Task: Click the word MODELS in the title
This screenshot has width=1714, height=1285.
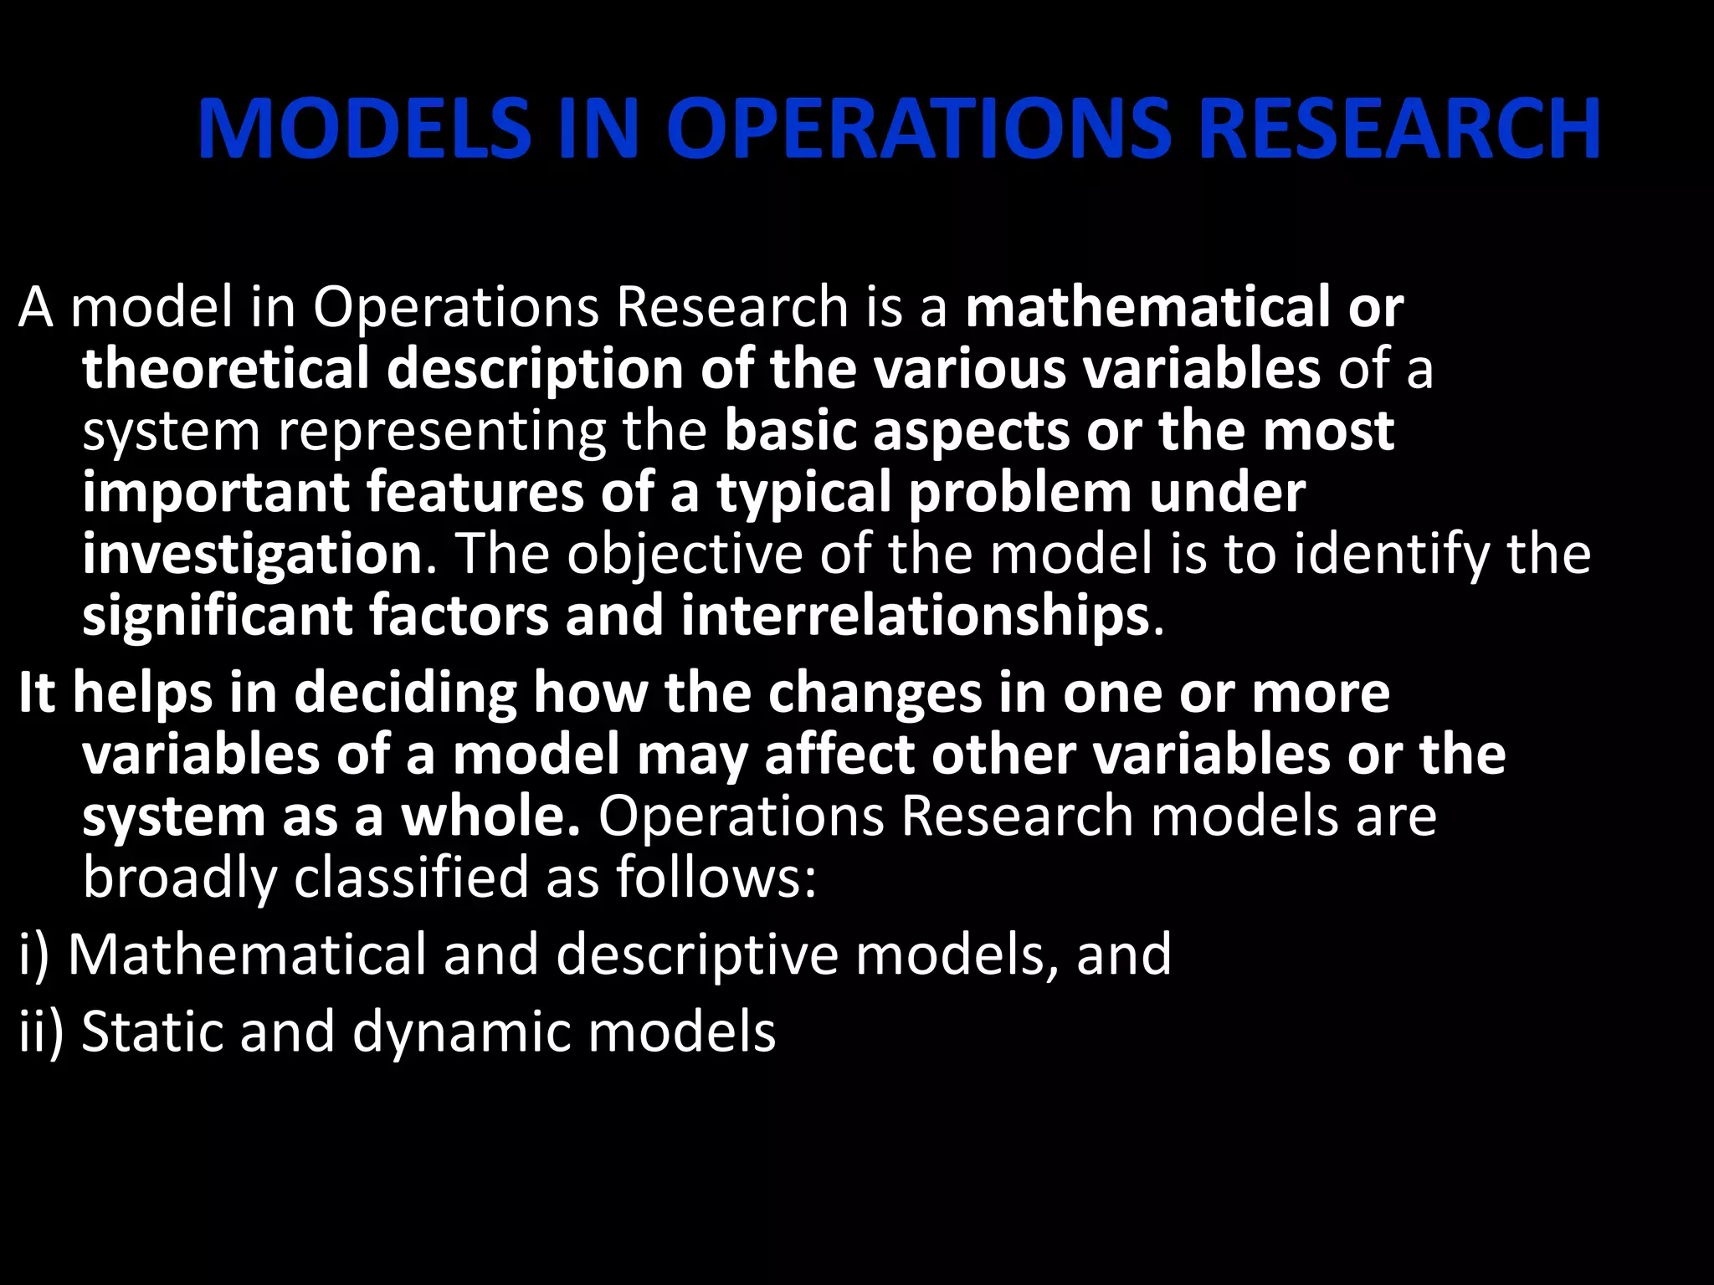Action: pos(364,129)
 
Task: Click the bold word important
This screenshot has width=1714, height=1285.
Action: pos(215,494)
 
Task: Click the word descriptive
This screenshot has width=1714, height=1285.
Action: pos(697,955)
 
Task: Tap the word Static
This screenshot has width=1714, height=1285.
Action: pos(152,1032)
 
